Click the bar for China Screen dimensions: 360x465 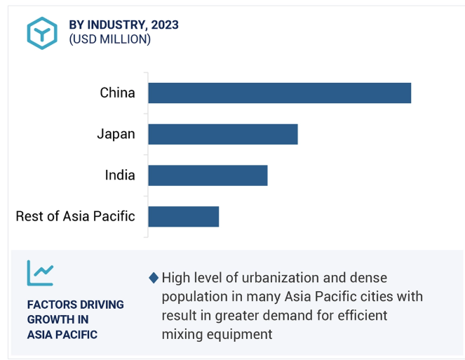point(279,93)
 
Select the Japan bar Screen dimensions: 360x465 point(222,134)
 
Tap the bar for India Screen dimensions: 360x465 point(208,175)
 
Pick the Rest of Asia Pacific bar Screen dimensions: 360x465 point(183,216)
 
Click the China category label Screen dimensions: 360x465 point(117,93)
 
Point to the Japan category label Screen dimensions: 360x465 point(116,134)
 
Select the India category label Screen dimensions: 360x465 point(120,175)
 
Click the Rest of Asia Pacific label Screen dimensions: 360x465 point(75,216)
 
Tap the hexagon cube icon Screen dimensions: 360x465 point(42,32)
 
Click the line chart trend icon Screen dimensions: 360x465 point(40,272)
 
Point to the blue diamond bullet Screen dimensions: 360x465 point(154,278)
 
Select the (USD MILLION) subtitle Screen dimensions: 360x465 point(109,39)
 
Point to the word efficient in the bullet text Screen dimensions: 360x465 point(358,316)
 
